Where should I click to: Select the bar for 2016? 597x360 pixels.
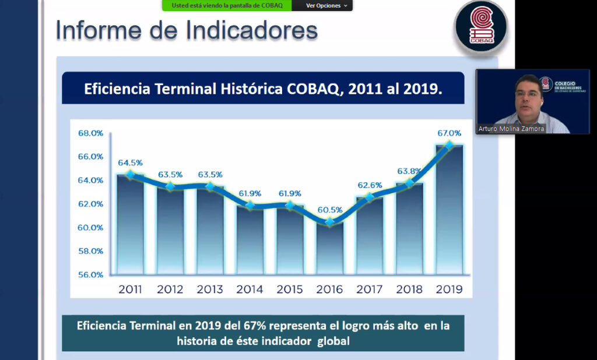pyautogui.click(x=329, y=248)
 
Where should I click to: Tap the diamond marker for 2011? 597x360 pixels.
pyautogui.click(x=130, y=174)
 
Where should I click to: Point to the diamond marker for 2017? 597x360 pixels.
pyautogui.click(x=369, y=197)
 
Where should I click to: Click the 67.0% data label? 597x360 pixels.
pyautogui.click(x=449, y=133)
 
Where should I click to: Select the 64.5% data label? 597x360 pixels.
pyautogui.click(x=130, y=163)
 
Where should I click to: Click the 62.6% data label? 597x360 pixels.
pyautogui.click(x=370, y=185)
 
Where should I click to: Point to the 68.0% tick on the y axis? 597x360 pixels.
pyautogui.click(x=90, y=133)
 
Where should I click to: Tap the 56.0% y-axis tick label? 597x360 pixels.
pyautogui.click(x=90, y=274)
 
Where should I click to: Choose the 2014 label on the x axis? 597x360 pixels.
pyautogui.click(x=250, y=289)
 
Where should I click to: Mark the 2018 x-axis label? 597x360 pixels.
pyautogui.click(x=409, y=289)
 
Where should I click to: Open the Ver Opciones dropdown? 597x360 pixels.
pyautogui.click(x=326, y=6)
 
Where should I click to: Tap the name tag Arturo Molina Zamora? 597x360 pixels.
pyautogui.click(x=511, y=129)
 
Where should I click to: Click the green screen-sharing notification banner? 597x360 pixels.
pyautogui.click(x=226, y=6)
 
